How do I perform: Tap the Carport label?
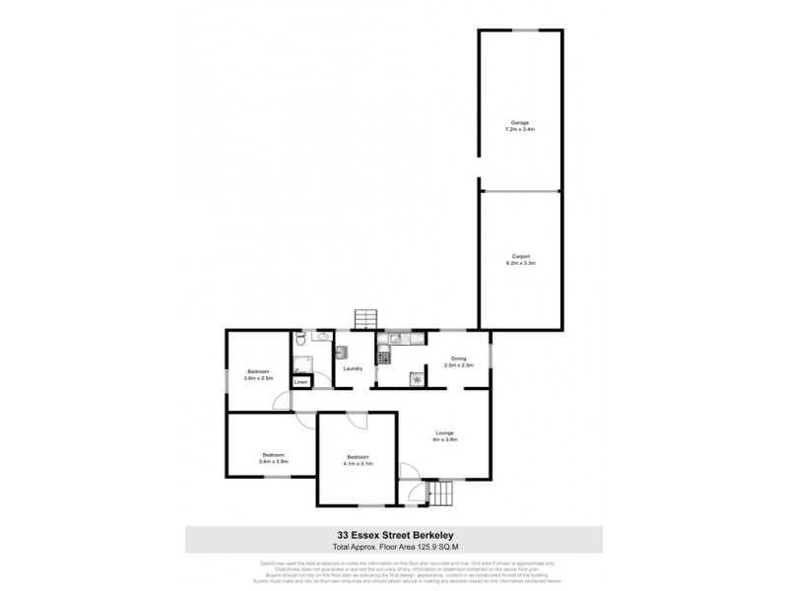(x=519, y=260)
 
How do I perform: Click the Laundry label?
(x=353, y=368)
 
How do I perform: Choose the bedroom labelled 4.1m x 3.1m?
(x=357, y=460)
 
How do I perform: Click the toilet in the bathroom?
(x=296, y=342)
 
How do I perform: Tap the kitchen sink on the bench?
(x=392, y=340)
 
